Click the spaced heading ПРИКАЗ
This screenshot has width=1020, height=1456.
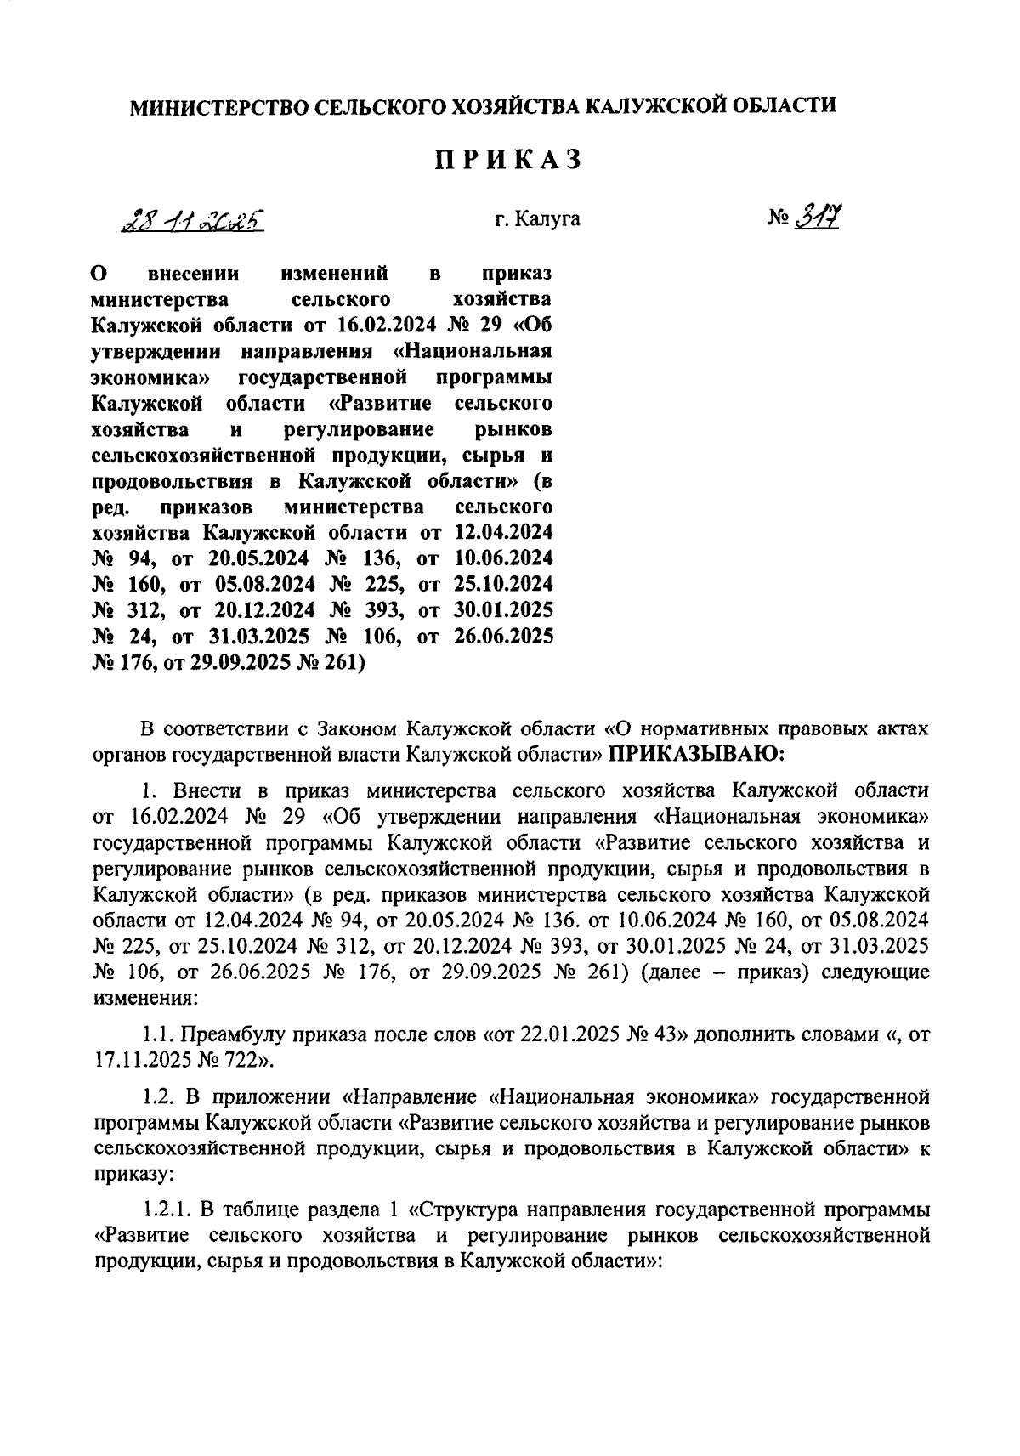tap(509, 161)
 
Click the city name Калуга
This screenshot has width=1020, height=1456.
tap(550, 219)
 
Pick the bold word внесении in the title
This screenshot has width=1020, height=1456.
tap(194, 274)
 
